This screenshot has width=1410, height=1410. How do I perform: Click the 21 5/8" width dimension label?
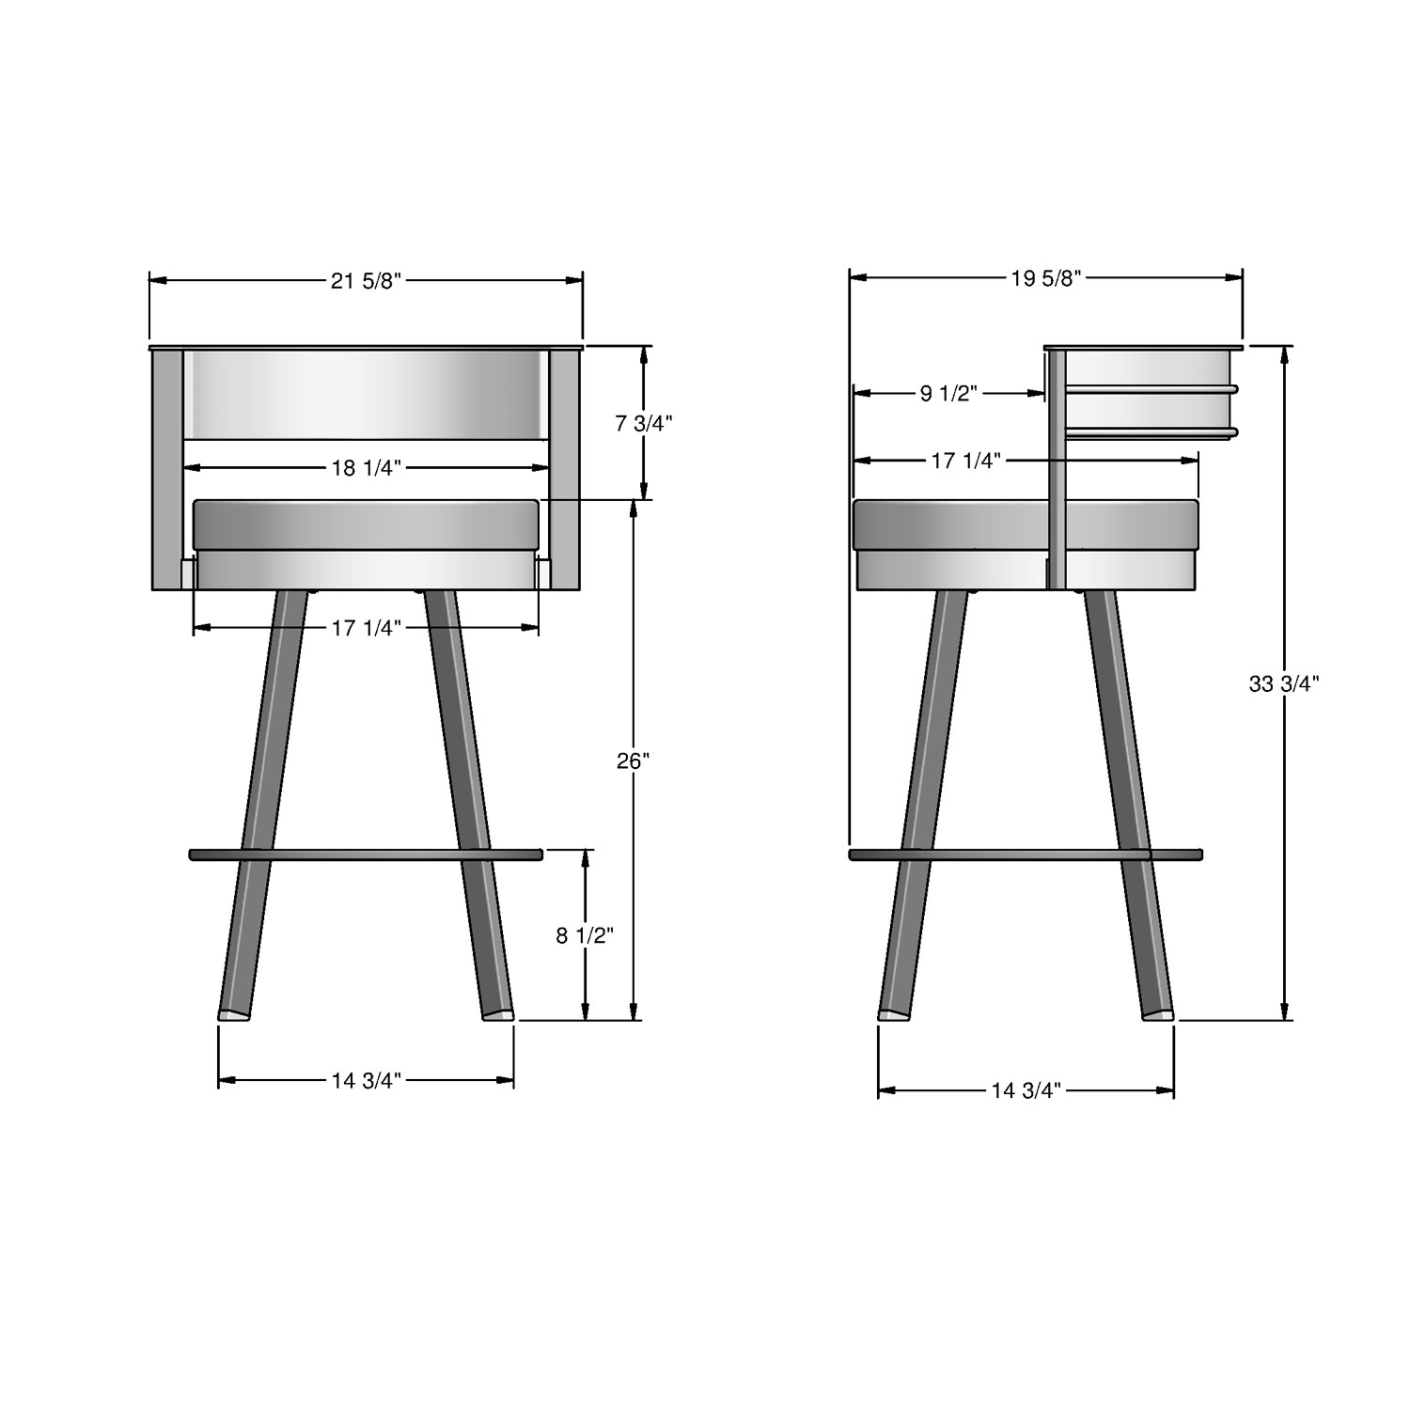[366, 281]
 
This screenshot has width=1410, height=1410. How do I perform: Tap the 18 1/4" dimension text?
[366, 468]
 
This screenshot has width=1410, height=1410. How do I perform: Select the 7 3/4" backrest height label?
[644, 423]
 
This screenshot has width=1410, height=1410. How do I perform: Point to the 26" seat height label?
[634, 760]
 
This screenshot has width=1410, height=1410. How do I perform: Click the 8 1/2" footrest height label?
[585, 935]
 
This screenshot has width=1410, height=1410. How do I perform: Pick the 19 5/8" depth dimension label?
[1046, 278]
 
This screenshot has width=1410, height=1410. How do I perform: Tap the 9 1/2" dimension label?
[948, 394]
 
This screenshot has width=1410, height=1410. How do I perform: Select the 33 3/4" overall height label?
[1284, 684]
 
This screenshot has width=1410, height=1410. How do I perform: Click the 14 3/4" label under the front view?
[366, 1080]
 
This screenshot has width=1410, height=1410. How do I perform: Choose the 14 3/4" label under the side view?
[1026, 1090]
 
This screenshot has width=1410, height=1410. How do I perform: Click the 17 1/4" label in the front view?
[366, 628]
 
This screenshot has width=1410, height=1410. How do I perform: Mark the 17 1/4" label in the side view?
[965, 460]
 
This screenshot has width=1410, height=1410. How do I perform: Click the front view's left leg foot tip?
[234, 1014]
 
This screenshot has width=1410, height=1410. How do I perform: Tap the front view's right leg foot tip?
[498, 1014]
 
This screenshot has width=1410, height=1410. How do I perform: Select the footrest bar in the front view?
[366, 854]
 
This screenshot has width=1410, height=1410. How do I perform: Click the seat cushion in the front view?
[366, 525]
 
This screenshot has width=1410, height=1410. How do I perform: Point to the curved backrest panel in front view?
[366, 395]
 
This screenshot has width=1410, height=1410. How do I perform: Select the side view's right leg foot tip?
[1158, 1014]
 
